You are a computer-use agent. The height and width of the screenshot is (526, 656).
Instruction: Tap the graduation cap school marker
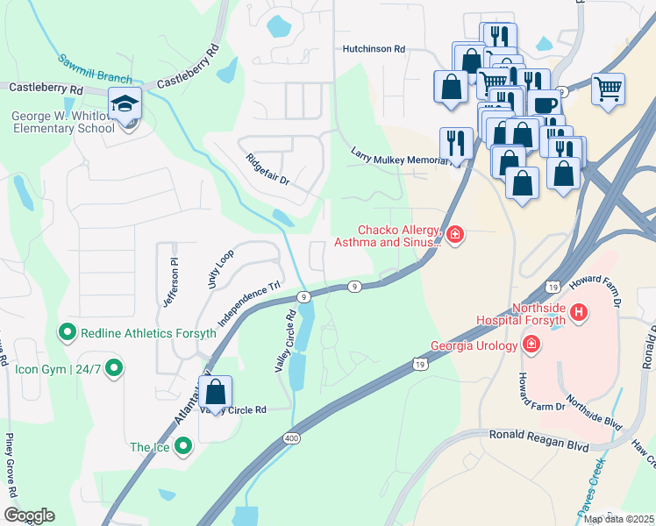pyautogui.click(x=125, y=104)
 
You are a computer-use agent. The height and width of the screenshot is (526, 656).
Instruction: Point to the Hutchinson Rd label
pyautogui.click(x=374, y=50)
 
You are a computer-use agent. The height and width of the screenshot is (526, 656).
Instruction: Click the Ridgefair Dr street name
pyautogui.click(x=267, y=168)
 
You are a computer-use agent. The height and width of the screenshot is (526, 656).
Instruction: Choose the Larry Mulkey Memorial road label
pyautogui.click(x=400, y=156)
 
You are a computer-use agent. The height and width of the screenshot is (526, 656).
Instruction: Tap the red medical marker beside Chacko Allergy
pyautogui.click(x=454, y=234)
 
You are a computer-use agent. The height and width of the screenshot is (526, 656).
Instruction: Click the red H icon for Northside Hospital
pyautogui.click(x=578, y=311)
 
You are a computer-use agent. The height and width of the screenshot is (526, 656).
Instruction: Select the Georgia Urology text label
pyautogui.click(x=475, y=345)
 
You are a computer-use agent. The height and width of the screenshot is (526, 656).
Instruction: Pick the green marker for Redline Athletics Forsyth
pyautogui.click(x=66, y=333)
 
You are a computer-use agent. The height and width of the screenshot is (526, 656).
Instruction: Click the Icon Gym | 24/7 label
pyautogui.click(x=54, y=369)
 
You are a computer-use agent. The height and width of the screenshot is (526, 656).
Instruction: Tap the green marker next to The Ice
pyautogui.click(x=183, y=447)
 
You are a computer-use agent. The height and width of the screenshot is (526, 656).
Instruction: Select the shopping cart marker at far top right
pyautogui.click(x=608, y=89)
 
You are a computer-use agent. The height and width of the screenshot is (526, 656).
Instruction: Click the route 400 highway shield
pyautogui.click(x=290, y=437)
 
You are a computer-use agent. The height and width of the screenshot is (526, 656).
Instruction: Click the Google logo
pyautogui.click(x=29, y=515)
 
